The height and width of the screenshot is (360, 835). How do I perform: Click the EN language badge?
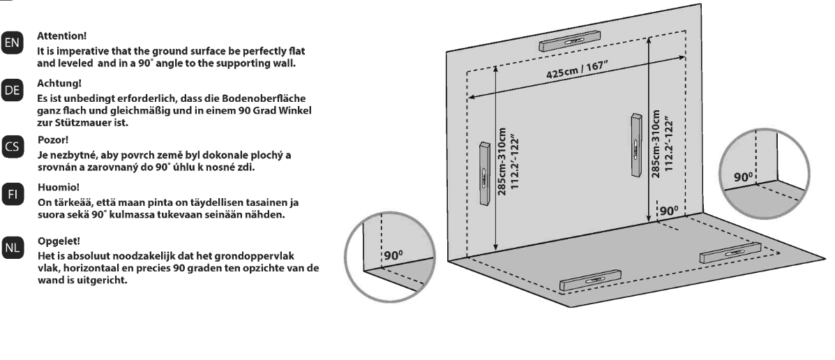11,43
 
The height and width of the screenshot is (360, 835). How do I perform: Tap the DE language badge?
11,90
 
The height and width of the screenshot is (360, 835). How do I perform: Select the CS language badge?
11,147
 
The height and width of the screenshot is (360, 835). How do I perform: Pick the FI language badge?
11,195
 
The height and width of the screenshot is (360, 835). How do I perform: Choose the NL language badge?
11,248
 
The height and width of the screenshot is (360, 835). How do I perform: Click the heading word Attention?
61,36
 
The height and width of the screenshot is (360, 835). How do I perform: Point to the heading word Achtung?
59,84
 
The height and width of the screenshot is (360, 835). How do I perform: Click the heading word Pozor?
53,140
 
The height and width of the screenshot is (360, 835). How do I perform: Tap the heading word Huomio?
59,188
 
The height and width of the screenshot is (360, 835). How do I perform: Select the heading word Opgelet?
59,241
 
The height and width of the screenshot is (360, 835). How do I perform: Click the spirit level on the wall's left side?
485,174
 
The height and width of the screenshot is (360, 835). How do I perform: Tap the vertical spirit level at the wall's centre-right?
636,145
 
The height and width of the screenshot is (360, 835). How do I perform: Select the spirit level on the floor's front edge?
591,280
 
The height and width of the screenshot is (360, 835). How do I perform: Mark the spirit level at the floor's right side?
730,253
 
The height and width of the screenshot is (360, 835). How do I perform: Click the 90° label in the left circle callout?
393,255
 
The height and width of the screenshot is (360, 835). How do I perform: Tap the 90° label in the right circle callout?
744,177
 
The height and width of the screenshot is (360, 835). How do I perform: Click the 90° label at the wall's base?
669,211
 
